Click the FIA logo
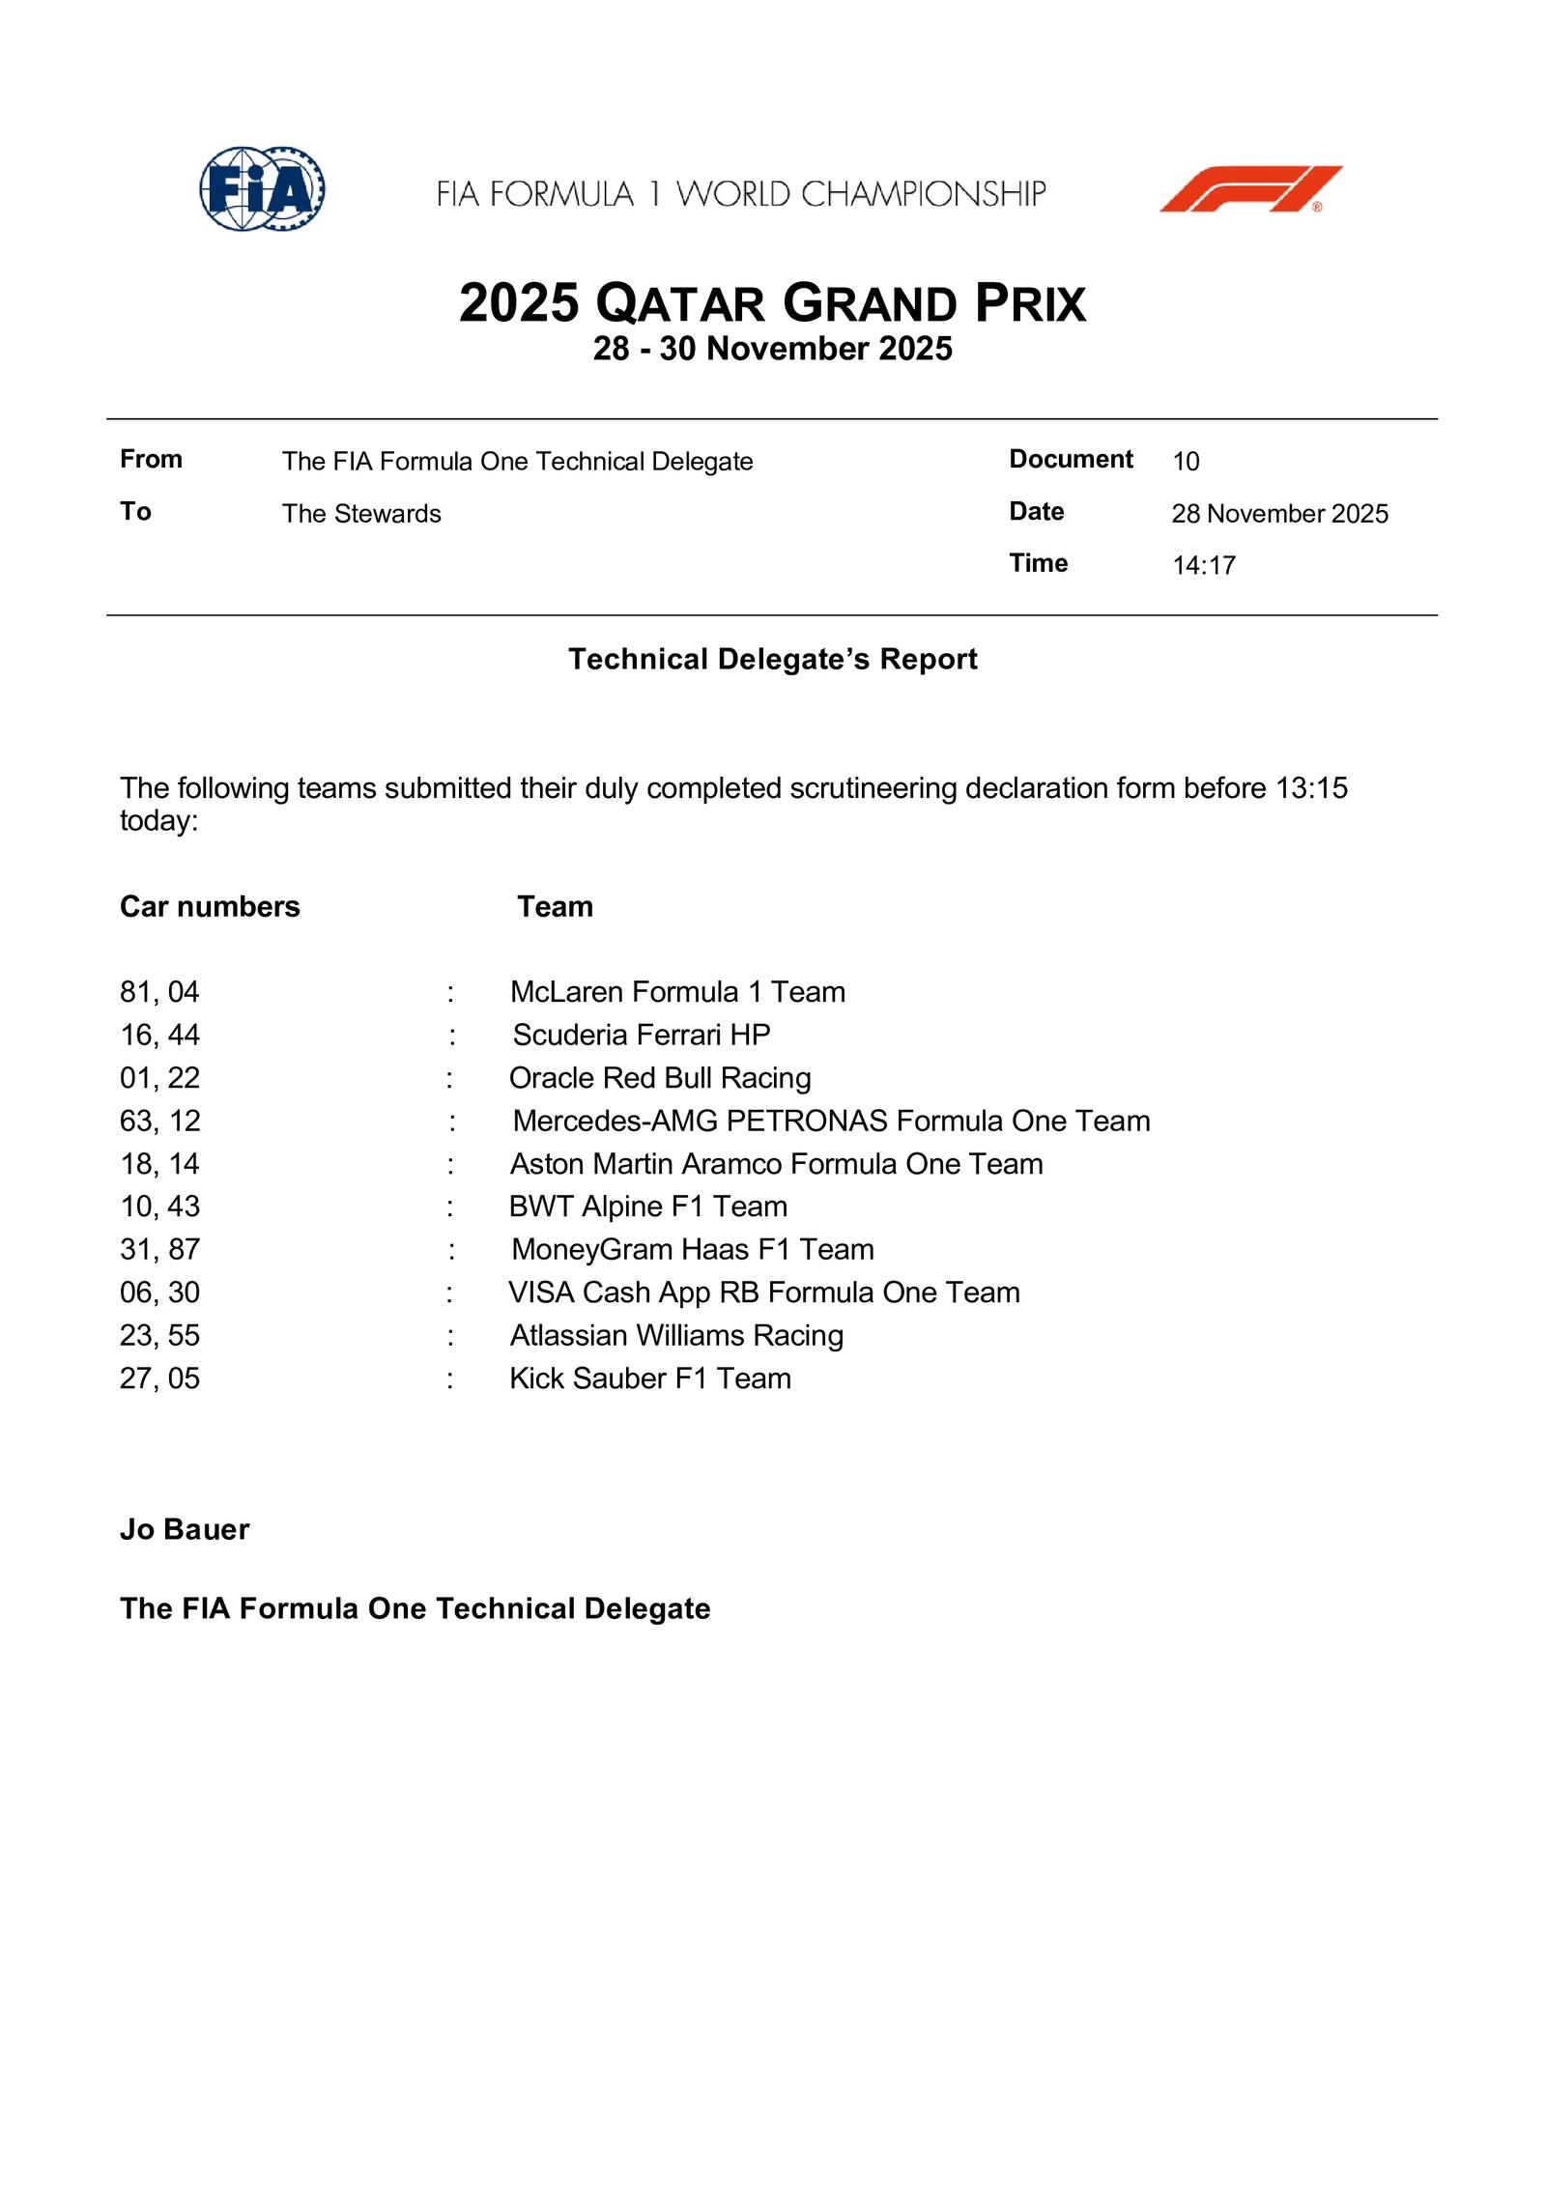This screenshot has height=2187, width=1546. (262, 189)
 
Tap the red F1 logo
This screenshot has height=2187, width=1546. (1250, 189)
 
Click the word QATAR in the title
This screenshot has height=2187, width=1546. (679, 303)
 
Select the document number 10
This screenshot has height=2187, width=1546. (1186, 462)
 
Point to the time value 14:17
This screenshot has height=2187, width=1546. (1204, 565)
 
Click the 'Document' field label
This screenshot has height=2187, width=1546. (1071, 459)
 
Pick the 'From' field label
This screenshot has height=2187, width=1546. (151, 459)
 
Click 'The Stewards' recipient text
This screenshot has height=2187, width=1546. (361, 514)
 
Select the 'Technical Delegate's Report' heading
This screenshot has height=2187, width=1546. (773, 659)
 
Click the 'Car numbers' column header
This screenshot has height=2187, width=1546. (210, 906)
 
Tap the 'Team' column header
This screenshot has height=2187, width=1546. (555, 906)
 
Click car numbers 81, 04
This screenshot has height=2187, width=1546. (159, 992)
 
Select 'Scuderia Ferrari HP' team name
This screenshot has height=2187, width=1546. (642, 1035)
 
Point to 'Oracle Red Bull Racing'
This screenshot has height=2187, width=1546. (660, 1078)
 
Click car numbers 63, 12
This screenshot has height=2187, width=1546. (160, 1121)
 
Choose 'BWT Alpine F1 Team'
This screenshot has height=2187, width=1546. (648, 1207)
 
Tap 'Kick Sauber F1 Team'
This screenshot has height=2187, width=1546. (650, 1378)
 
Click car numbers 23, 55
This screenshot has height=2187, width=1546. (159, 1335)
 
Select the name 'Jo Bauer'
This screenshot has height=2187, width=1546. (185, 1530)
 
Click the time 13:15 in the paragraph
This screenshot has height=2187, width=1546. (1311, 788)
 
